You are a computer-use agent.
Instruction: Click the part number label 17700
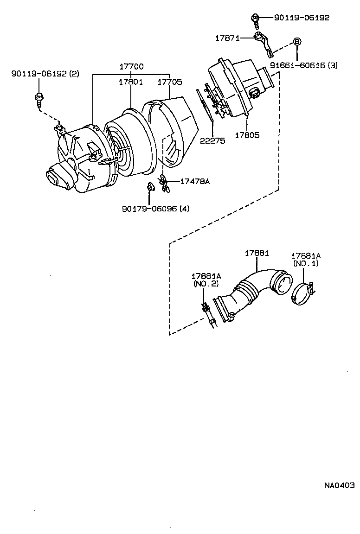pos(131,67)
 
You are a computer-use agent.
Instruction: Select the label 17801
pos(130,82)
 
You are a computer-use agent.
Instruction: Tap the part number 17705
pos(169,82)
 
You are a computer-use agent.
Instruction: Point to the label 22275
pos(212,141)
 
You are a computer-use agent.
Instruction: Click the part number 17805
pos(247,135)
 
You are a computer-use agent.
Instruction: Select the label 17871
pos(227,38)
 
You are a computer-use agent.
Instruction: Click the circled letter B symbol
pos(297,41)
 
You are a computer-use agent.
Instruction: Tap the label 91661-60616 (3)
pos(304,65)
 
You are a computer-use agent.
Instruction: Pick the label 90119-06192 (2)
pos(45,74)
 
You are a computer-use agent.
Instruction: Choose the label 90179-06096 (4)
pos(156,209)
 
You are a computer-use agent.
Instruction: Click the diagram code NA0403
pos(339,485)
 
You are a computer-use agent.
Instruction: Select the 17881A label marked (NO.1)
pos(306,260)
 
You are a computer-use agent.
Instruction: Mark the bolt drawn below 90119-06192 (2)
pos(39,98)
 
